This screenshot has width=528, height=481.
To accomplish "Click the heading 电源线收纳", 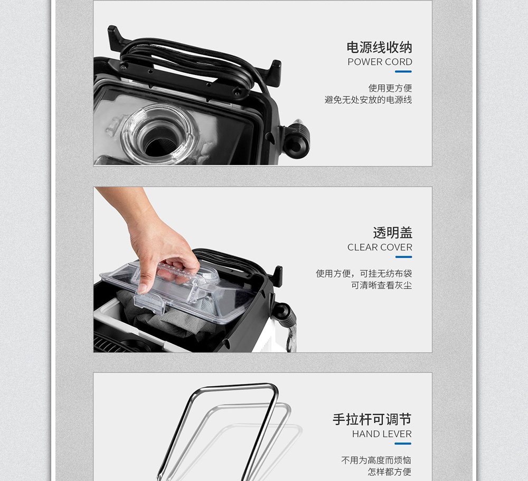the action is pos(379,47).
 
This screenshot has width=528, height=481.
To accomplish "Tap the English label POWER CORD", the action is pos(380,62).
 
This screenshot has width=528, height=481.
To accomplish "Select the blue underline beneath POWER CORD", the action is pos(403,71).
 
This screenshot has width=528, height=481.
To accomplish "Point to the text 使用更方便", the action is pos(390,88).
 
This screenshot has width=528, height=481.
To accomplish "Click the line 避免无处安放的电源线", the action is pos(368,100).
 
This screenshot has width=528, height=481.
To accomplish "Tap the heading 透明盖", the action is pos(393,233).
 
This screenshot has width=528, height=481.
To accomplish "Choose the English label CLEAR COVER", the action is pos(380,247).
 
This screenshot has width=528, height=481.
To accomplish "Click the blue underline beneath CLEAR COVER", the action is pos(403,257).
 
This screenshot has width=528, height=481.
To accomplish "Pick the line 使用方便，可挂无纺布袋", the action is pos(364,274).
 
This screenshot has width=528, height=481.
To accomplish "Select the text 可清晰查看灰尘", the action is pos(381,285).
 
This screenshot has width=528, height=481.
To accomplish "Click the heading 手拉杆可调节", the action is pos(372,419).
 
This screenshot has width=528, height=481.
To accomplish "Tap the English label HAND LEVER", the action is pos(382,434).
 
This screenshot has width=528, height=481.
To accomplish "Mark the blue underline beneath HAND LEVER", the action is pos(403,444).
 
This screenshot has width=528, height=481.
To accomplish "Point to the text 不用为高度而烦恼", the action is pos(376,460).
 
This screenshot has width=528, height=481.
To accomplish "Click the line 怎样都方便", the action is pos(389,472).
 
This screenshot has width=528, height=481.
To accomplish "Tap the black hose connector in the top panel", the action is pos(296,140).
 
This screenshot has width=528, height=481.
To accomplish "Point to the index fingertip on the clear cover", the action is pos(143,288).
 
